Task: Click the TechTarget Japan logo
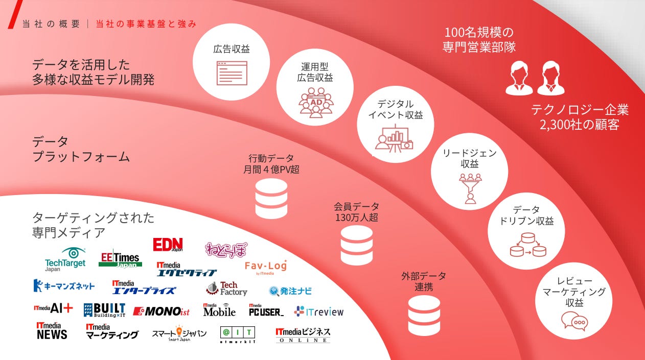[x=65, y=259]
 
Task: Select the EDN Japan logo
[x=168, y=245]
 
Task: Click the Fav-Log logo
[x=266, y=267]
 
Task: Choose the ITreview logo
[x=319, y=311]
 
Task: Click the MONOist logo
[x=161, y=311]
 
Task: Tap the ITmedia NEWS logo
[x=52, y=331]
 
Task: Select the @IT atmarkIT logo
[x=238, y=334]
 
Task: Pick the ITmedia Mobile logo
[x=219, y=309]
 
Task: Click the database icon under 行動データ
[x=271, y=199]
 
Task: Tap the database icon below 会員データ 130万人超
[x=357, y=245]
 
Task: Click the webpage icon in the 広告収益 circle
[x=232, y=73]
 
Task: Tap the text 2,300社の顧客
[x=580, y=125]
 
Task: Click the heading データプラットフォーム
[x=81, y=149]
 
